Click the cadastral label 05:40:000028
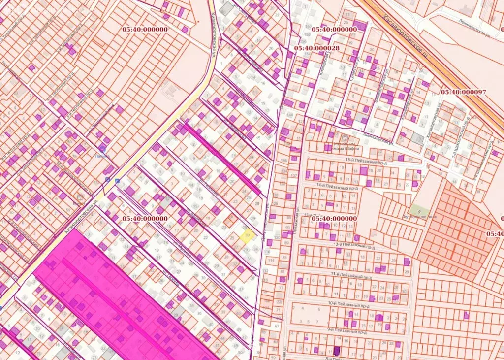tap(317, 48)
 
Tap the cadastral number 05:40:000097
tap(463, 92)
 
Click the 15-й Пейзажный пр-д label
tap(363, 160)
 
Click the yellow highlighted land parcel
tap(247, 235)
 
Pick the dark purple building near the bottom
tap(337, 351)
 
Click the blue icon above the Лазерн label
tap(102, 148)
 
